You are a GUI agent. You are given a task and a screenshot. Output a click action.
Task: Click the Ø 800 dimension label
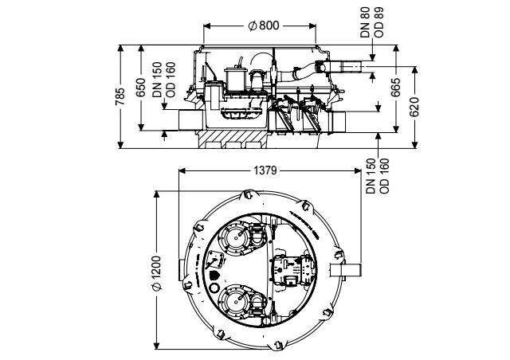pos(263,25)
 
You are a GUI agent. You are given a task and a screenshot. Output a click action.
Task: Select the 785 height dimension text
pos(120,96)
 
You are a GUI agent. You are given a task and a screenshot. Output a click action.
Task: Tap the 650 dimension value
pos(141,87)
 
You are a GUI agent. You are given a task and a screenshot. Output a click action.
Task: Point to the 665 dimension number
pos(396,88)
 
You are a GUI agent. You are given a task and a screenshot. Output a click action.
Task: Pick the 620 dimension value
pos(414,107)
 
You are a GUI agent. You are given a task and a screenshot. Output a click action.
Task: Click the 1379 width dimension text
pos(265,170)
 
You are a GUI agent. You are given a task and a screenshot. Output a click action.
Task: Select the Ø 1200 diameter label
pos(156,273)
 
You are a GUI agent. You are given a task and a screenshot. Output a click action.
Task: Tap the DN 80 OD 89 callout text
pos(372,22)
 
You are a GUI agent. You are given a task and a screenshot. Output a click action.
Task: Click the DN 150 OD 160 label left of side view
pos(164,80)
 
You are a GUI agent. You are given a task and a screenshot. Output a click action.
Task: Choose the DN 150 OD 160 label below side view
pos(377,176)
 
